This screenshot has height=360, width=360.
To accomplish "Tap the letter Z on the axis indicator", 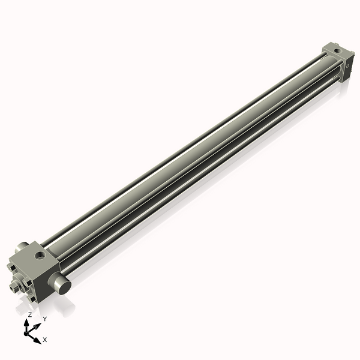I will click(29, 314).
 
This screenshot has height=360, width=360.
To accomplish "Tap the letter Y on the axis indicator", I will click(45, 319).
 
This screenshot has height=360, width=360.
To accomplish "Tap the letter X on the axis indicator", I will click(45, 340).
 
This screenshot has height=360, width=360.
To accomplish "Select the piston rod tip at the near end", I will click(14, 287).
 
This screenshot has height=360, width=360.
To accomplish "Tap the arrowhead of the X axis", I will click(38, 339).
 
